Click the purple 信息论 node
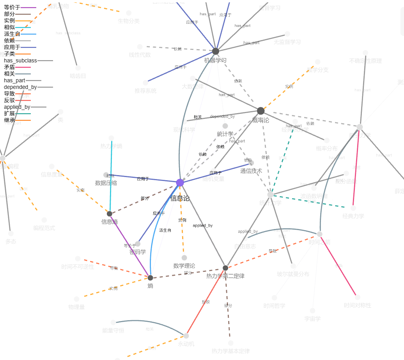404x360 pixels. (180, 183)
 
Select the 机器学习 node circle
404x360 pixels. (216, 51)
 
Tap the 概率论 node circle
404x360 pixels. (261, 111)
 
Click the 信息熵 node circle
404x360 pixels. (110, 214)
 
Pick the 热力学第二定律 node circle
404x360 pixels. (225, 268)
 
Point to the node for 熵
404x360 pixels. (151, 278)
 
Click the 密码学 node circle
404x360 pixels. (138, 244)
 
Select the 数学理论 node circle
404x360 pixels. (184, 258)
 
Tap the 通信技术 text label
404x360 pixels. (251, 171)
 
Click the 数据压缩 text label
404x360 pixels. (106, 183)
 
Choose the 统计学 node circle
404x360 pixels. (225, 126)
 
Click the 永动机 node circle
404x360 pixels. (186, 336)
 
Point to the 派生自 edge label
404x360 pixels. (165, 231)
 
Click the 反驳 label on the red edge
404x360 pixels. (206, 301)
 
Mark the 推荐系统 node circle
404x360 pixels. (145, 83)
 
